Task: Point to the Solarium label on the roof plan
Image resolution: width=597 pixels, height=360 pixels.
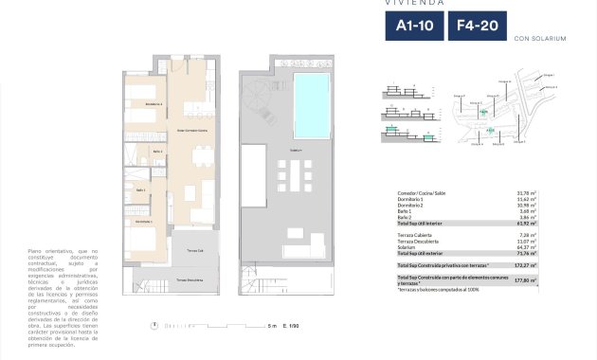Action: click(297, 151)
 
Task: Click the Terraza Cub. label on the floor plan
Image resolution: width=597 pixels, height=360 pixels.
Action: click(195, 249)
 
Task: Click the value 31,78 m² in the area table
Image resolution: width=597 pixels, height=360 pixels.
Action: click(526, 193)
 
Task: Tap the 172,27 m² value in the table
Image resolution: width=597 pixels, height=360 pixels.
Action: click(524, 266)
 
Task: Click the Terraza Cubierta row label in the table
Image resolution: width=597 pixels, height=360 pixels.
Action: click(414, 234)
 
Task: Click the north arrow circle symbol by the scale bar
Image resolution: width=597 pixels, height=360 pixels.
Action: click(154, 326)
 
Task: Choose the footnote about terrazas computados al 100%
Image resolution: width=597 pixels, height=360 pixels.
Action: click(440, 290)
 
